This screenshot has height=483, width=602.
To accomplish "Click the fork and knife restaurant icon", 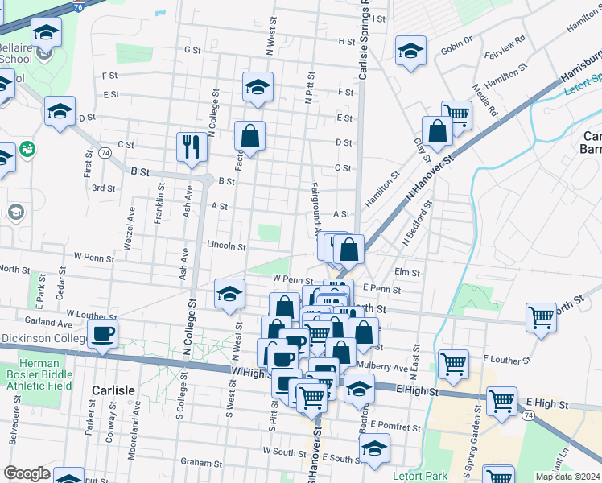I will tap(191, 146).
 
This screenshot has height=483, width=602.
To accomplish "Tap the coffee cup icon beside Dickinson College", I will tap(103, 333).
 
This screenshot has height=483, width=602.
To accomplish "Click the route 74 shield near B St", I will tap(105, 152).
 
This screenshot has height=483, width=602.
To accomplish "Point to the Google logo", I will tap(27, 473).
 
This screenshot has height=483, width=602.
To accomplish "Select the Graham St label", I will tap(200, 463).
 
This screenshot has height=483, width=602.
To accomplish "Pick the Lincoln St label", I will tap(225, 246).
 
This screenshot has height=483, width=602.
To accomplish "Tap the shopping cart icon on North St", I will tap(541, 316).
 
